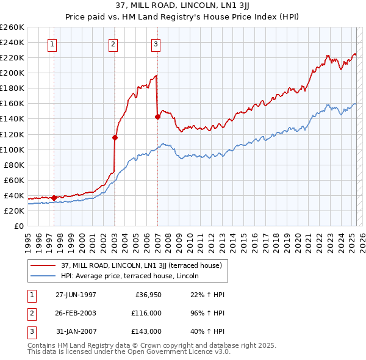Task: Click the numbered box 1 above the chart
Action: point(52,43)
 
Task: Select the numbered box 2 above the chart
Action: point(113,43)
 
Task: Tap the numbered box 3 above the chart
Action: point(156,43)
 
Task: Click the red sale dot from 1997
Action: point(54,198)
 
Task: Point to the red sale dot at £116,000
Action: point(115,137)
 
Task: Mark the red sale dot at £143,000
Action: point(157,117)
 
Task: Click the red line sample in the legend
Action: point(43,265)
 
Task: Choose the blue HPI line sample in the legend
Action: point(43,276)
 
